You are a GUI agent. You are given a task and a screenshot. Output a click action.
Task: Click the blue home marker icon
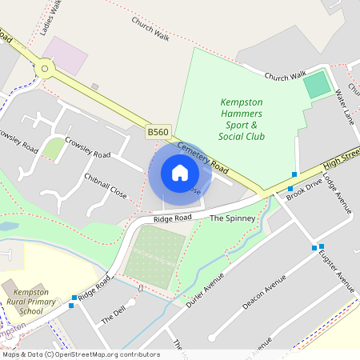pyautogui.click(x=180, y=173)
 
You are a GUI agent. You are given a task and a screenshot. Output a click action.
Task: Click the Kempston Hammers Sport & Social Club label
pyautogui.click(x=242, y=119)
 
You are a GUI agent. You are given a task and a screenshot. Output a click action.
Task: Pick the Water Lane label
pyautogui.click(x=346, y=103)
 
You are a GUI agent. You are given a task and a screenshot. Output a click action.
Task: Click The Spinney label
pyautogui.click(x=232, y=218)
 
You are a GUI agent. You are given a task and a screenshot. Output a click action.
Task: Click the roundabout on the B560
pyautogui.click(x=44, y=70)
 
